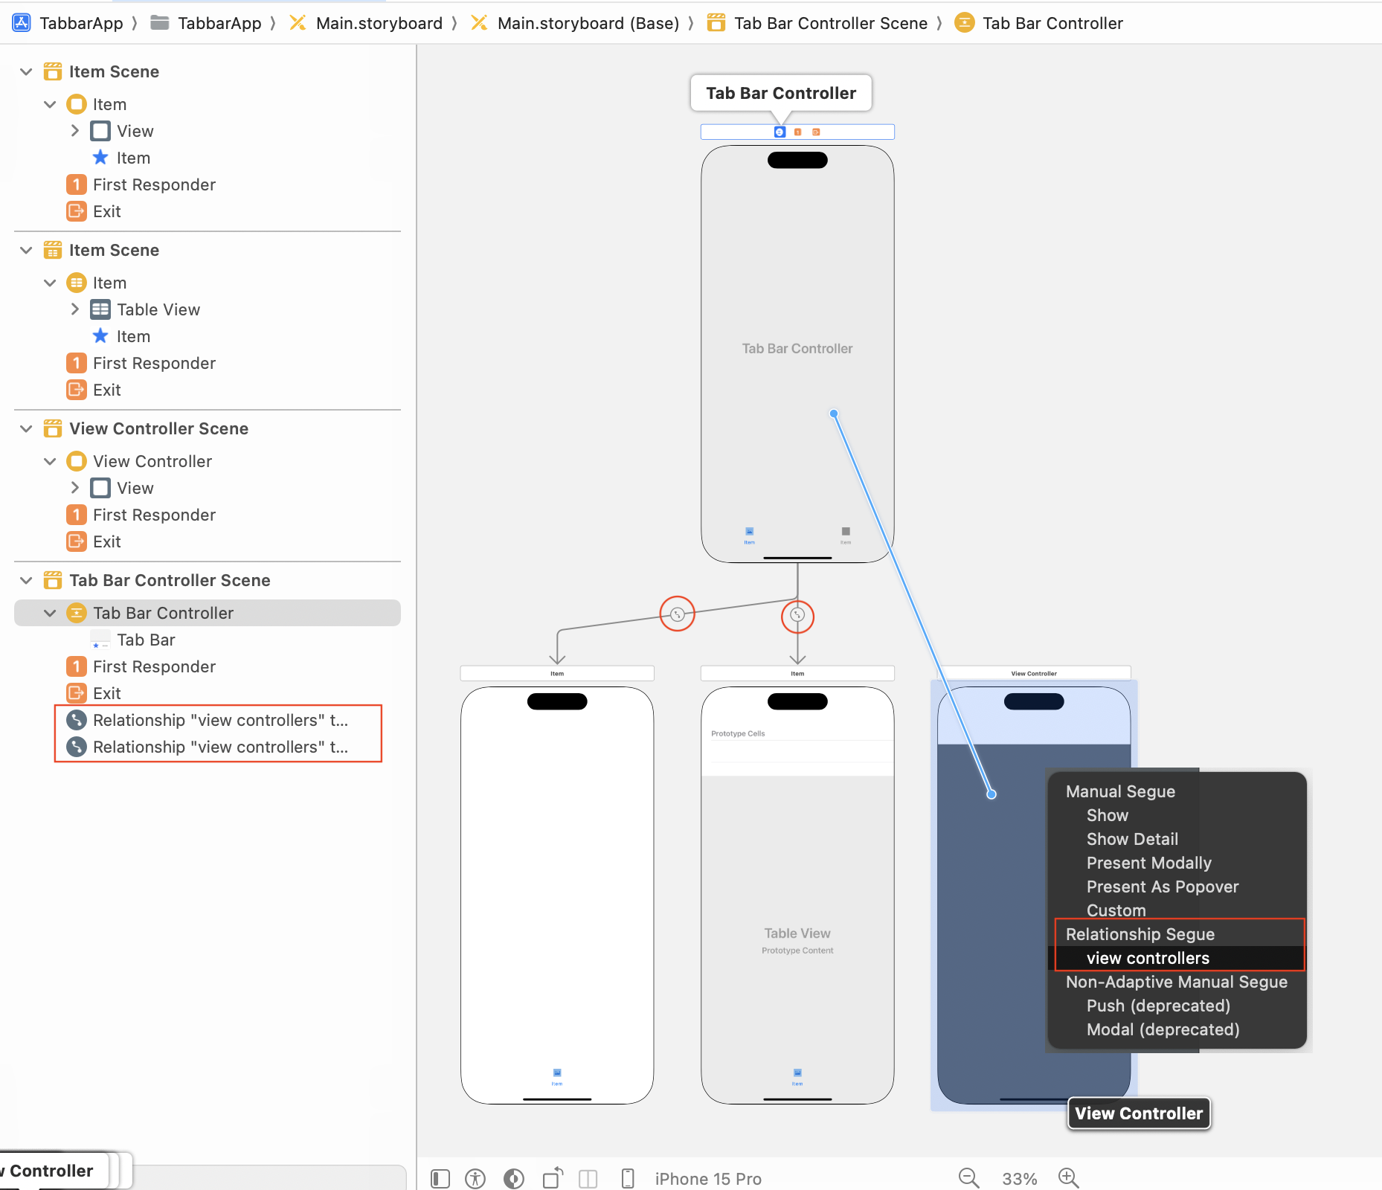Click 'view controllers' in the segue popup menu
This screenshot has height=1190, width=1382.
pyautogui.click(x=1148, y=958)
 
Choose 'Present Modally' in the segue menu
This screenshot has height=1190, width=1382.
pyautogui.click(x=1148, y=863)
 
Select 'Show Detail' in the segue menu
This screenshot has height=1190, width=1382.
pyautogui.click(x=1132, y=839)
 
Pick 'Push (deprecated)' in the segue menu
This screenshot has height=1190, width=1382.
pyautogui.click(x=1158, y=1006)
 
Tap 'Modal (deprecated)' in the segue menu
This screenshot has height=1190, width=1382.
pyautogui.click(x=1163, y=1029)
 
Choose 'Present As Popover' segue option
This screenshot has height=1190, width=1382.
pyautogui.click(x=1162, y=887)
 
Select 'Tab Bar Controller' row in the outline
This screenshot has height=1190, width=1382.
pyautogui.click(x=163, y=613)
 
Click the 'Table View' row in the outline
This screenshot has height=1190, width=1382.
pyautogui.click(x=158, y=309)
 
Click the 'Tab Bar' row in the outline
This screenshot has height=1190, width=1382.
pyautogui.click(x=146, y=640)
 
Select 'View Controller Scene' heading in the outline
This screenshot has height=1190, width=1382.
pyautogui.click(x=158, y=428)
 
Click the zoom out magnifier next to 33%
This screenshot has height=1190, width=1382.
pyautogui.click(x=968, y=1178)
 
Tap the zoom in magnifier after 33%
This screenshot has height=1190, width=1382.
pyautogui.click(x=1069, y=1178)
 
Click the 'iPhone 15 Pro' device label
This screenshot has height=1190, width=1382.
pyautogui.click(x=707, y=1179)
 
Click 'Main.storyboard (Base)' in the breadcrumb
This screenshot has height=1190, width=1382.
pyautogui.click(x=588, y=23)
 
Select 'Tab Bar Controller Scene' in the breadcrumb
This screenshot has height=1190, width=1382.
pyautogui.click(x=830, y=23)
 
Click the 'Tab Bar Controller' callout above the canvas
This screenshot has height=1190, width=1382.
pyautogui.click(x=781, y=93)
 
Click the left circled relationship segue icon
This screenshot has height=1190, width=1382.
pyautogui.click(x=677, y=614)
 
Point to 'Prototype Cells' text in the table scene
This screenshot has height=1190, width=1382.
pyautogui.click(x=738, y=733)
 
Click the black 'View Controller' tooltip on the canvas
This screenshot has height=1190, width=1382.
pyautogui.click(x=1139, y=1113)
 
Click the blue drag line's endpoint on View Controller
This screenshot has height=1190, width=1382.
pyautogui.click(x=991, y=794)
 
